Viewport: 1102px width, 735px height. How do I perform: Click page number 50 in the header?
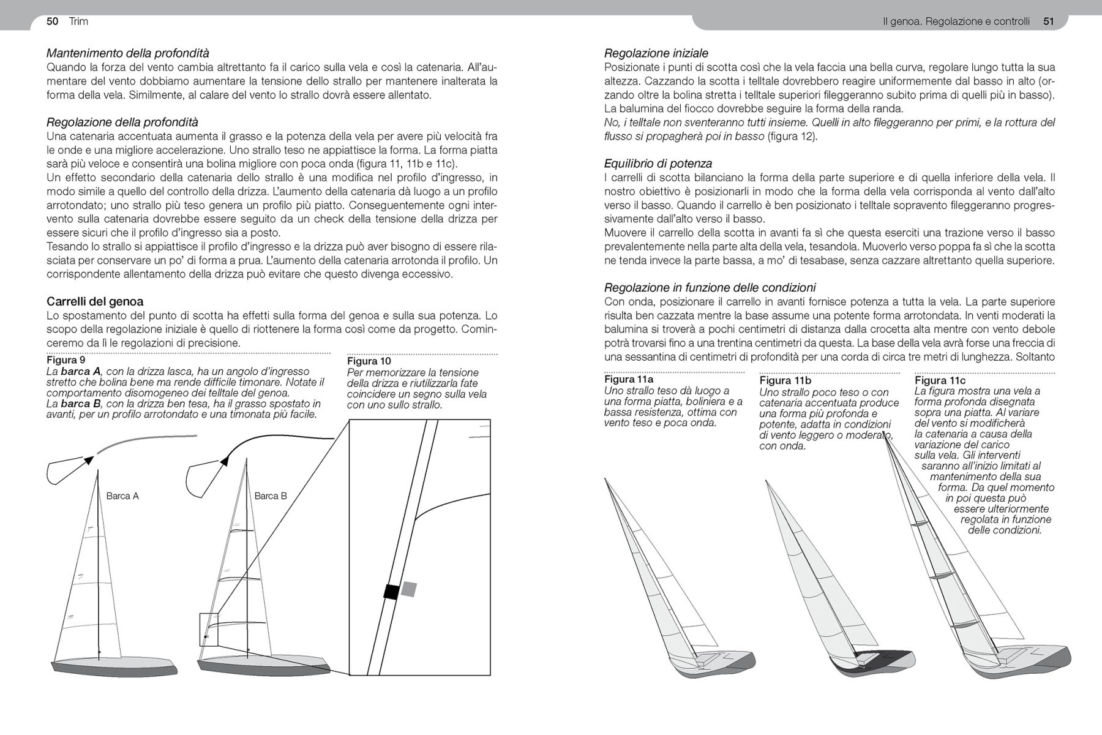pos(52,21)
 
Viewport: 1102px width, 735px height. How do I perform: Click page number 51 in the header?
pos(1049,22)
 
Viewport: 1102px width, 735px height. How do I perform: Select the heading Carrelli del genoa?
pos(95,301)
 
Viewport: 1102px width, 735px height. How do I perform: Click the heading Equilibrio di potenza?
pos(658,164)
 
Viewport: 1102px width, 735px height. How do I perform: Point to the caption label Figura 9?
pos(66,360)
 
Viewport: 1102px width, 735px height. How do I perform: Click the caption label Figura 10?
pos(369,361)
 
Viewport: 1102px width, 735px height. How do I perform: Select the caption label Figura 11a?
pos(629,380)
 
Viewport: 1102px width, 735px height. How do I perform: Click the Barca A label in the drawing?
pos(122,496)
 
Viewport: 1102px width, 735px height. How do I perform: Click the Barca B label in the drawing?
pos(271,496)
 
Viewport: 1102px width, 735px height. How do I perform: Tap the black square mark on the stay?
pos(391,592)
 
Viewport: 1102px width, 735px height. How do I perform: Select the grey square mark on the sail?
pos(409,589)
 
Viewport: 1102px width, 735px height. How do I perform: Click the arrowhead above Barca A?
pos(89,460)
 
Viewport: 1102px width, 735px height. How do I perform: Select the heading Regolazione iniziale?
pos(656,53)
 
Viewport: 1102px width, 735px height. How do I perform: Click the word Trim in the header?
pos(78,21)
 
